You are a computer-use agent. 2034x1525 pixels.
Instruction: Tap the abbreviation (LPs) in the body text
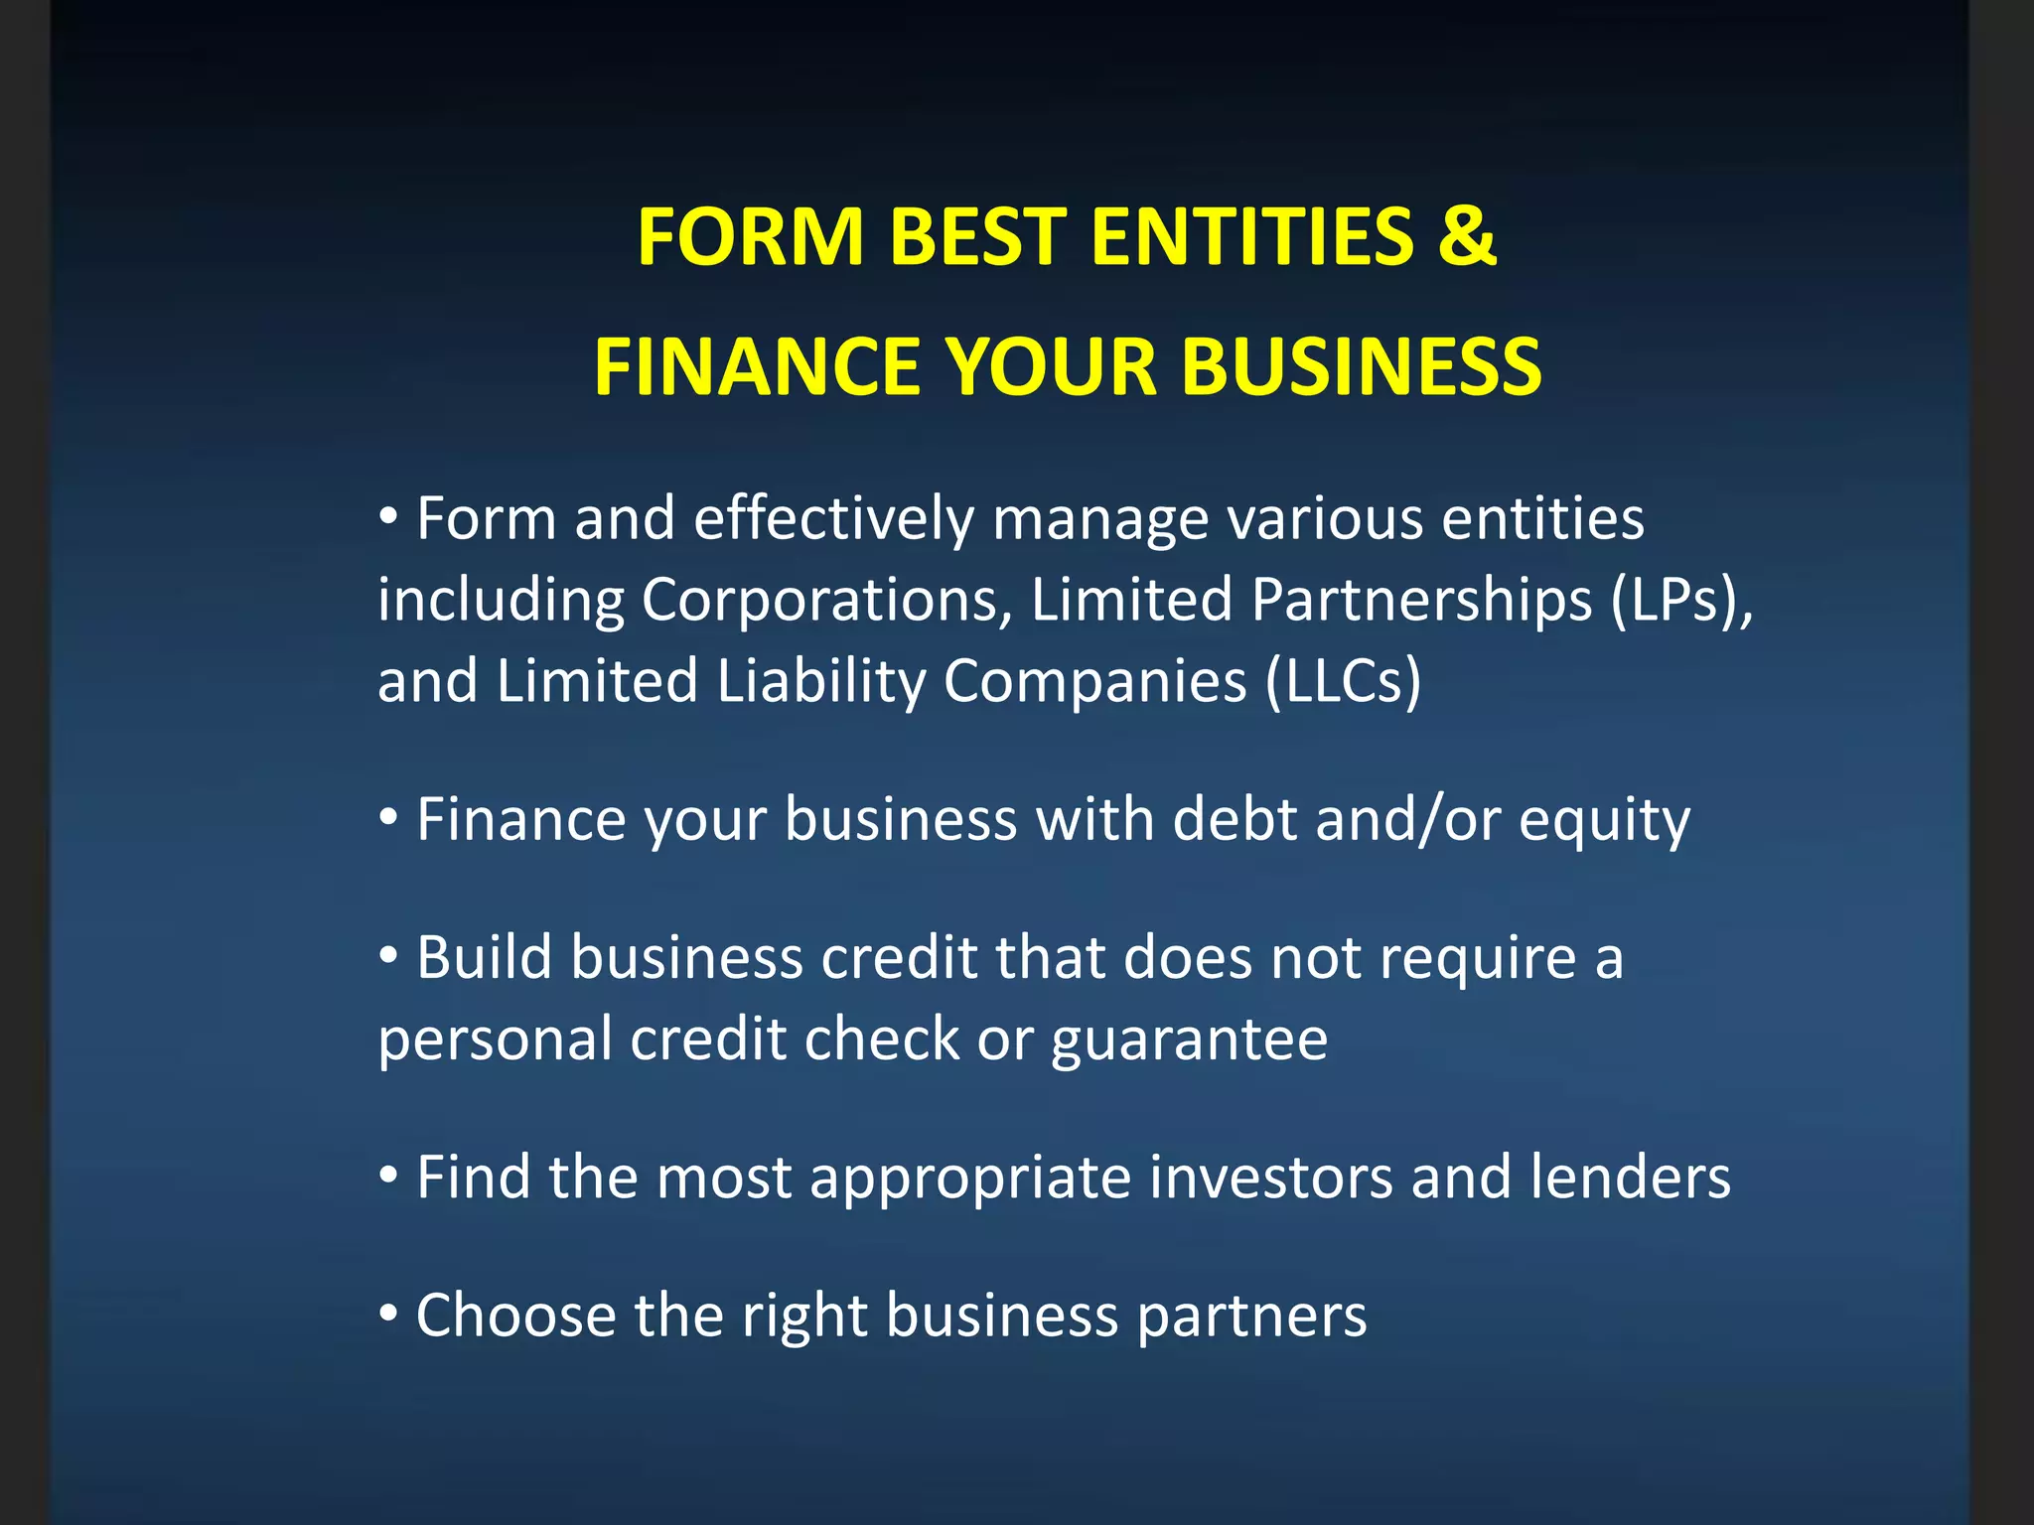pyautogui.click(x=1672, y=600)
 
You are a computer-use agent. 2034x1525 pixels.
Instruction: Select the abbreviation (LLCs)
pyautogui.click(x=1344, y=681)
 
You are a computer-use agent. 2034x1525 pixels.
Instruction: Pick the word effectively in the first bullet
pyautogui.click(x=833, y=519)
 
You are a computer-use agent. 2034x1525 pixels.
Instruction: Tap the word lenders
pyautogui.click(x=1630, y=1178)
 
